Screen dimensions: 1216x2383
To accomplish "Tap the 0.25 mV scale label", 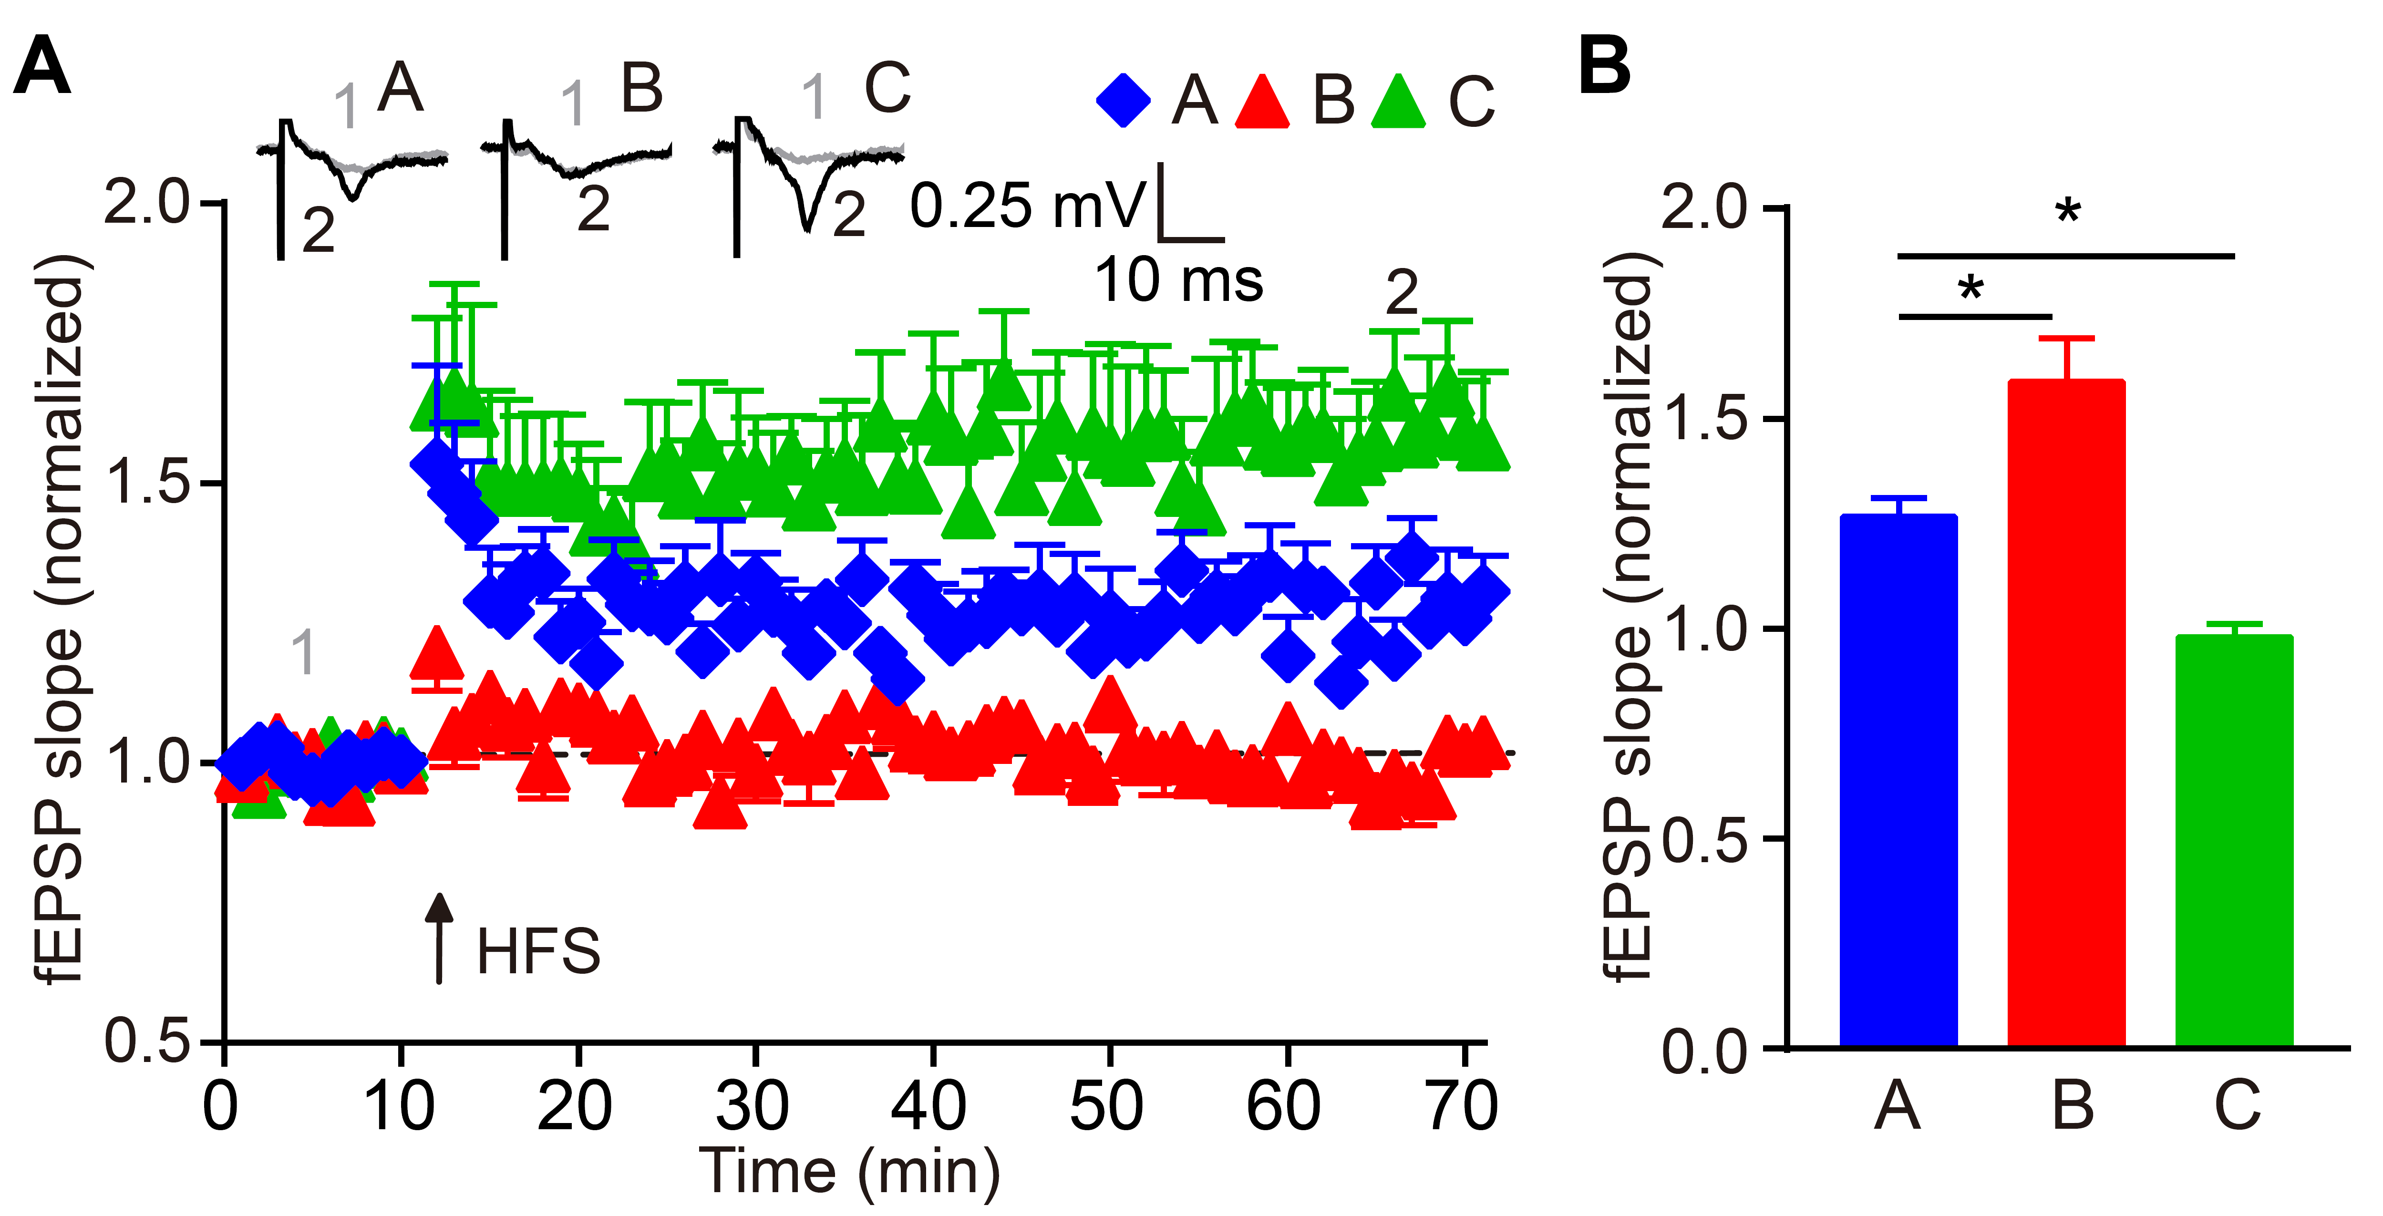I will click(x=1027, y=205).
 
